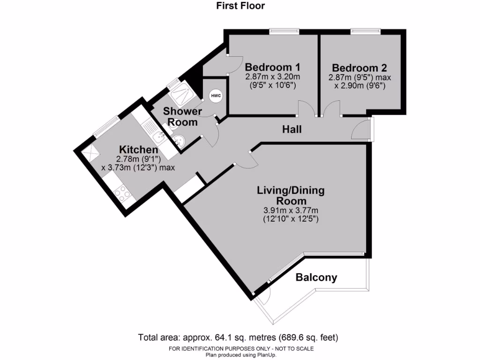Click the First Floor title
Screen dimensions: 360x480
(x=240, y=6)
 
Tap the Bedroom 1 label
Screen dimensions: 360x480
(x=272, y=67)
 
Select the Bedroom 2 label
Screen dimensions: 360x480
(x=359, y=67)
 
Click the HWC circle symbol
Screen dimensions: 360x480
(x=216, y=96)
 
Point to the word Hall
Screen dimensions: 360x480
(x=292, y=129)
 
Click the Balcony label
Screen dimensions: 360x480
(x=316, y=277)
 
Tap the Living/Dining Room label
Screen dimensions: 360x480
(x=291, y=196)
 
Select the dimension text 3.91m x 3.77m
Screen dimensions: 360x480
(x=291, y=210)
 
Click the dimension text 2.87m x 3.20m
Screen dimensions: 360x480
(x=272, y=77)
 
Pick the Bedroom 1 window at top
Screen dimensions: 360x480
(x=284, y=31)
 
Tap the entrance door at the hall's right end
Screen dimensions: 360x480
(x=361, y=130)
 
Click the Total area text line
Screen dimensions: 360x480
(x=238, y=337)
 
